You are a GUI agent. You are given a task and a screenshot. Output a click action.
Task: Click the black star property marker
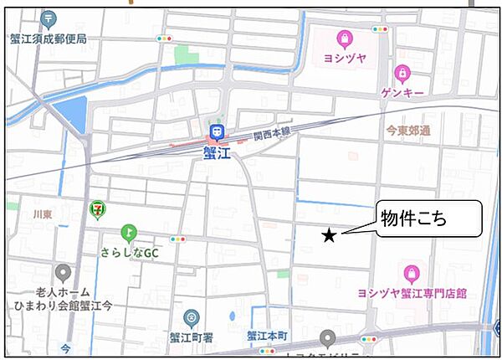click(330, 236)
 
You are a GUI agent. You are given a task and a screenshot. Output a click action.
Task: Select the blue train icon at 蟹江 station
click(218, 132)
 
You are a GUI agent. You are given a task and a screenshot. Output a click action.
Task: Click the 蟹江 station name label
click(218, 152)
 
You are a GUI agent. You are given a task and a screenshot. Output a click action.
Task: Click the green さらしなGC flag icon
click(127, 232)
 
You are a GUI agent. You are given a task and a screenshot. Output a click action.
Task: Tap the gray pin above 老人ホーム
click(62, 273)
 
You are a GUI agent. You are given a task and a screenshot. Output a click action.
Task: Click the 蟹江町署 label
click(192, 336)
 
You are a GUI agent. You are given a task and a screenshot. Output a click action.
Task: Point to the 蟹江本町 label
click(267, 336)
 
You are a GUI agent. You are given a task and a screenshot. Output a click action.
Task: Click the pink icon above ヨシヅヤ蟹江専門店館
click(411, 273)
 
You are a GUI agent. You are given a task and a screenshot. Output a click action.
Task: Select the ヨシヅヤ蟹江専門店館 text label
click(412, 293)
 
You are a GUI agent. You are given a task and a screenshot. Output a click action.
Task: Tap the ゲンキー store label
click(402, 92)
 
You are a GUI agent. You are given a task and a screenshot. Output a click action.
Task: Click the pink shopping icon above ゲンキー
click(402, 73)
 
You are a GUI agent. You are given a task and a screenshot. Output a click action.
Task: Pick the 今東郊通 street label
click(408, 131)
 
